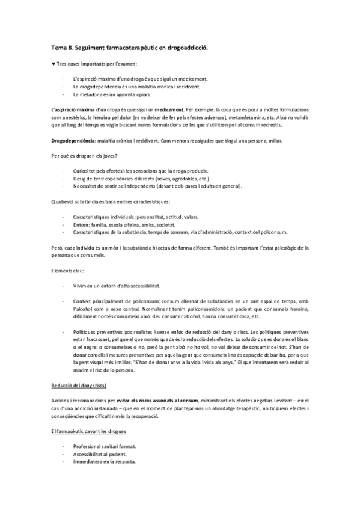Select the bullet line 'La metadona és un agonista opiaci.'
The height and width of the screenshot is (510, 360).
[x=111, y=95]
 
